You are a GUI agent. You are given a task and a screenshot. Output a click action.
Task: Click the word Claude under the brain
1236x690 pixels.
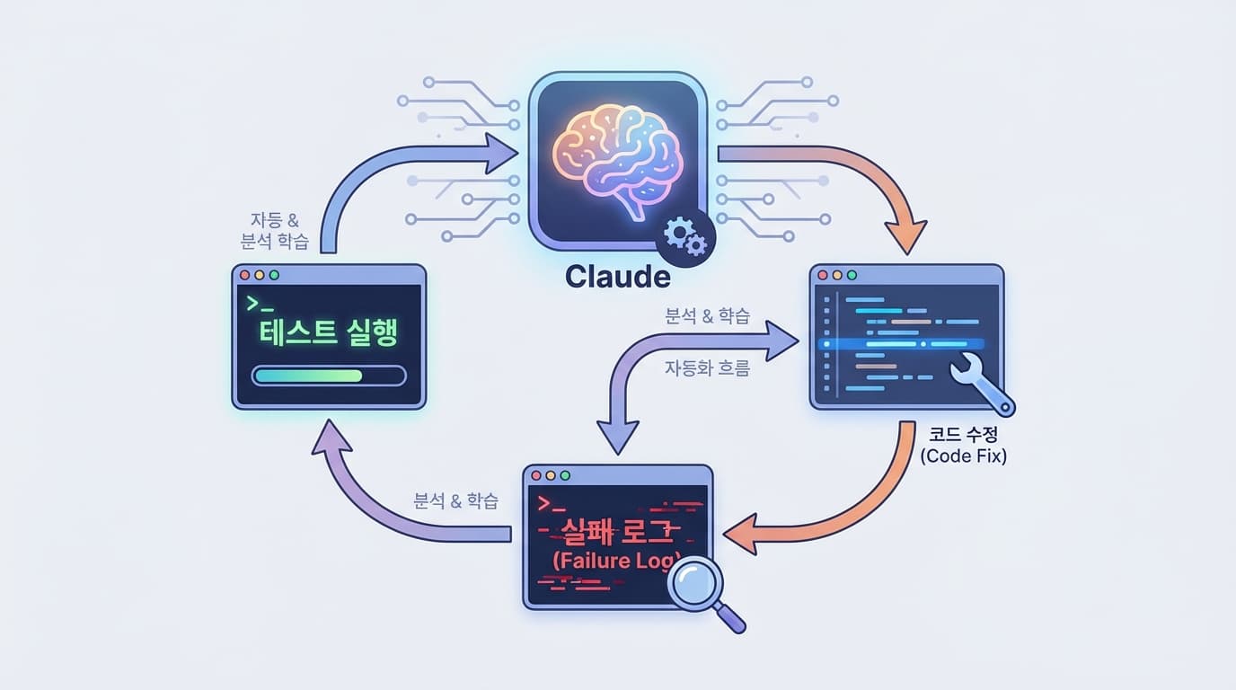click(618, 277)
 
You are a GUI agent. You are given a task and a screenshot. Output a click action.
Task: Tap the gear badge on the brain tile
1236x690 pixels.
click(686, 237)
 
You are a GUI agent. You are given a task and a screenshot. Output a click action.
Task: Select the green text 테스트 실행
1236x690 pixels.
click(328, 334)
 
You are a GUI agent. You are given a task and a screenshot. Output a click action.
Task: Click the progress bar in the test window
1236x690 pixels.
click(328, 376)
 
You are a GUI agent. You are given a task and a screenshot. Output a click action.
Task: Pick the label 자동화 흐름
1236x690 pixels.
click(707, 367)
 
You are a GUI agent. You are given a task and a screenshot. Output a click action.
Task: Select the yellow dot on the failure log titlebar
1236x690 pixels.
click(551, 475)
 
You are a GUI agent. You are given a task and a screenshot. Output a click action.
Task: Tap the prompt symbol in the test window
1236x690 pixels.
click(259, 305)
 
